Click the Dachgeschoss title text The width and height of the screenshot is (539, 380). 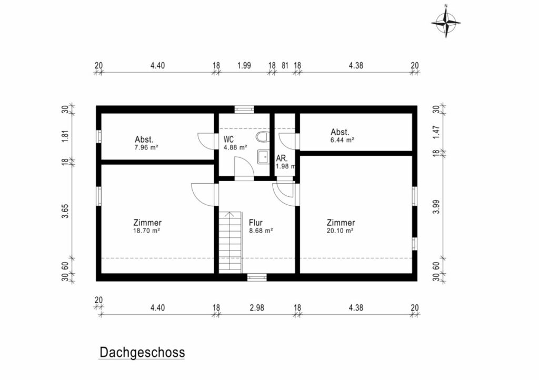coord(142,353)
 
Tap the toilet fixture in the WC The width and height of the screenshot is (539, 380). coord(262,137)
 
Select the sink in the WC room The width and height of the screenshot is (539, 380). coord(263,157)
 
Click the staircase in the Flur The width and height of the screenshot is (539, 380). coord(231,243)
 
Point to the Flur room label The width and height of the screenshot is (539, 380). coord(256,223)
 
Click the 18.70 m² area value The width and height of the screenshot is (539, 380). coord(146,231)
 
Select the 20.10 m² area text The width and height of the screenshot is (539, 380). coord(340,231)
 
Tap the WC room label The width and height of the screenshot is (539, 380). coord(228,139)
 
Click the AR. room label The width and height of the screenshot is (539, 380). coord(282,159)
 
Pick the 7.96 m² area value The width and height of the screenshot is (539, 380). coord(146,148)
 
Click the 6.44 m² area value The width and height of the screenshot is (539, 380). coord(342,140)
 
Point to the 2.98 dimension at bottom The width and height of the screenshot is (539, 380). coord(257,308)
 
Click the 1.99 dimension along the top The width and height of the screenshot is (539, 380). coord(244,65)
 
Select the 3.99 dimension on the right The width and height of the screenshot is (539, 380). coord(436,207)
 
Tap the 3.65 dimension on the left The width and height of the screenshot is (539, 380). coord(65,211)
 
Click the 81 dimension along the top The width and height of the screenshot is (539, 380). coord(285,65)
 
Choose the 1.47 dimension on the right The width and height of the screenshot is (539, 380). coord(436,132)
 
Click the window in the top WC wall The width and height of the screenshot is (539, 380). coord(244,109)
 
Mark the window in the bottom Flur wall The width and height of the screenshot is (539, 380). coord(257,277)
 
